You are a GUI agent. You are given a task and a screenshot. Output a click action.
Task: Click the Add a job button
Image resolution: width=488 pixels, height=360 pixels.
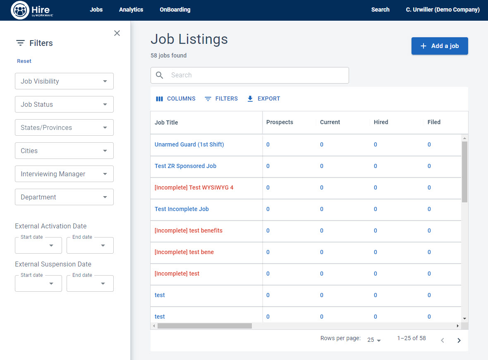click(440, 46)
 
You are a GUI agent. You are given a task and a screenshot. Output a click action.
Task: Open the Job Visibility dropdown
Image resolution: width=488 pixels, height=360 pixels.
click(64, 81)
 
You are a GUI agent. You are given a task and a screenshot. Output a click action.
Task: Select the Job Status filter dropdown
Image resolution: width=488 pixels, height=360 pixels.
click(64, 104)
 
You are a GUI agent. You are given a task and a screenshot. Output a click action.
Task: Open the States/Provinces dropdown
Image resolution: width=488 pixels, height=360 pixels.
click(64, 127)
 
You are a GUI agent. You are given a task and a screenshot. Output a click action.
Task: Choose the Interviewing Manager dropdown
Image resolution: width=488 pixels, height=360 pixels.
click(64, 174)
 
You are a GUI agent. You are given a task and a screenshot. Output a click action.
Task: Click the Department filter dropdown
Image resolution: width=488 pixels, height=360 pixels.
click(64, 197)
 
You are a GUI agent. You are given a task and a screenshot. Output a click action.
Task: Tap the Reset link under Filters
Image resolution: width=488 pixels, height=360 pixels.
click(24, 61)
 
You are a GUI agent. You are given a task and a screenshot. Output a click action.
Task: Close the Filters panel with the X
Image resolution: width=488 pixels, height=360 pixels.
click(117, 33)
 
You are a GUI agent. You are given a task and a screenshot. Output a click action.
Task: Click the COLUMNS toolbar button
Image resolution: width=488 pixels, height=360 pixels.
click(176, 98)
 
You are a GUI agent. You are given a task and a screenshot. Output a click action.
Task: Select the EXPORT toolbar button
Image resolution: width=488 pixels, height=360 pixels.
click(263, 98)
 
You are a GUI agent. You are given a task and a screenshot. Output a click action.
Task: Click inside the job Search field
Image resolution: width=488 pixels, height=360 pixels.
click(256, 75)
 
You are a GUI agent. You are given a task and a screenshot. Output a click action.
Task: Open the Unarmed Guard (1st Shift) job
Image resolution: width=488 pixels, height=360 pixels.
click(189, 144)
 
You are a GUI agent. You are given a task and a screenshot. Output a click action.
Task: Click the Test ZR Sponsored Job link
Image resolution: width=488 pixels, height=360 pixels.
click(185, 166)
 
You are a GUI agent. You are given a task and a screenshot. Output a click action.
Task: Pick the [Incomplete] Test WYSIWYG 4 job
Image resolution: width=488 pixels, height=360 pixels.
click(194, 187)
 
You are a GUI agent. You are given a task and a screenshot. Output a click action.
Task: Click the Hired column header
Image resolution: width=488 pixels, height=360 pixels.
click(381, 122)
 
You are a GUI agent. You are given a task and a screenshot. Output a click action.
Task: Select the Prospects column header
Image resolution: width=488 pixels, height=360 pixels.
click(280, 122)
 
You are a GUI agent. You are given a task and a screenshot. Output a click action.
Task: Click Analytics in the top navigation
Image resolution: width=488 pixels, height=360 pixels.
click(131, 10)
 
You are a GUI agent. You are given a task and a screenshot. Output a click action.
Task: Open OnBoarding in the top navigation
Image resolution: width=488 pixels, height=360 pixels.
click(175, 10)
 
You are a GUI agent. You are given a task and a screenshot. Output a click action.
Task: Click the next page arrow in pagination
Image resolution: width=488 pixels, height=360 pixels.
click(459, 340)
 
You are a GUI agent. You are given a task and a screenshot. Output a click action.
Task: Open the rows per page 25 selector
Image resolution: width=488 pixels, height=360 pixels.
click(374, 340)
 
